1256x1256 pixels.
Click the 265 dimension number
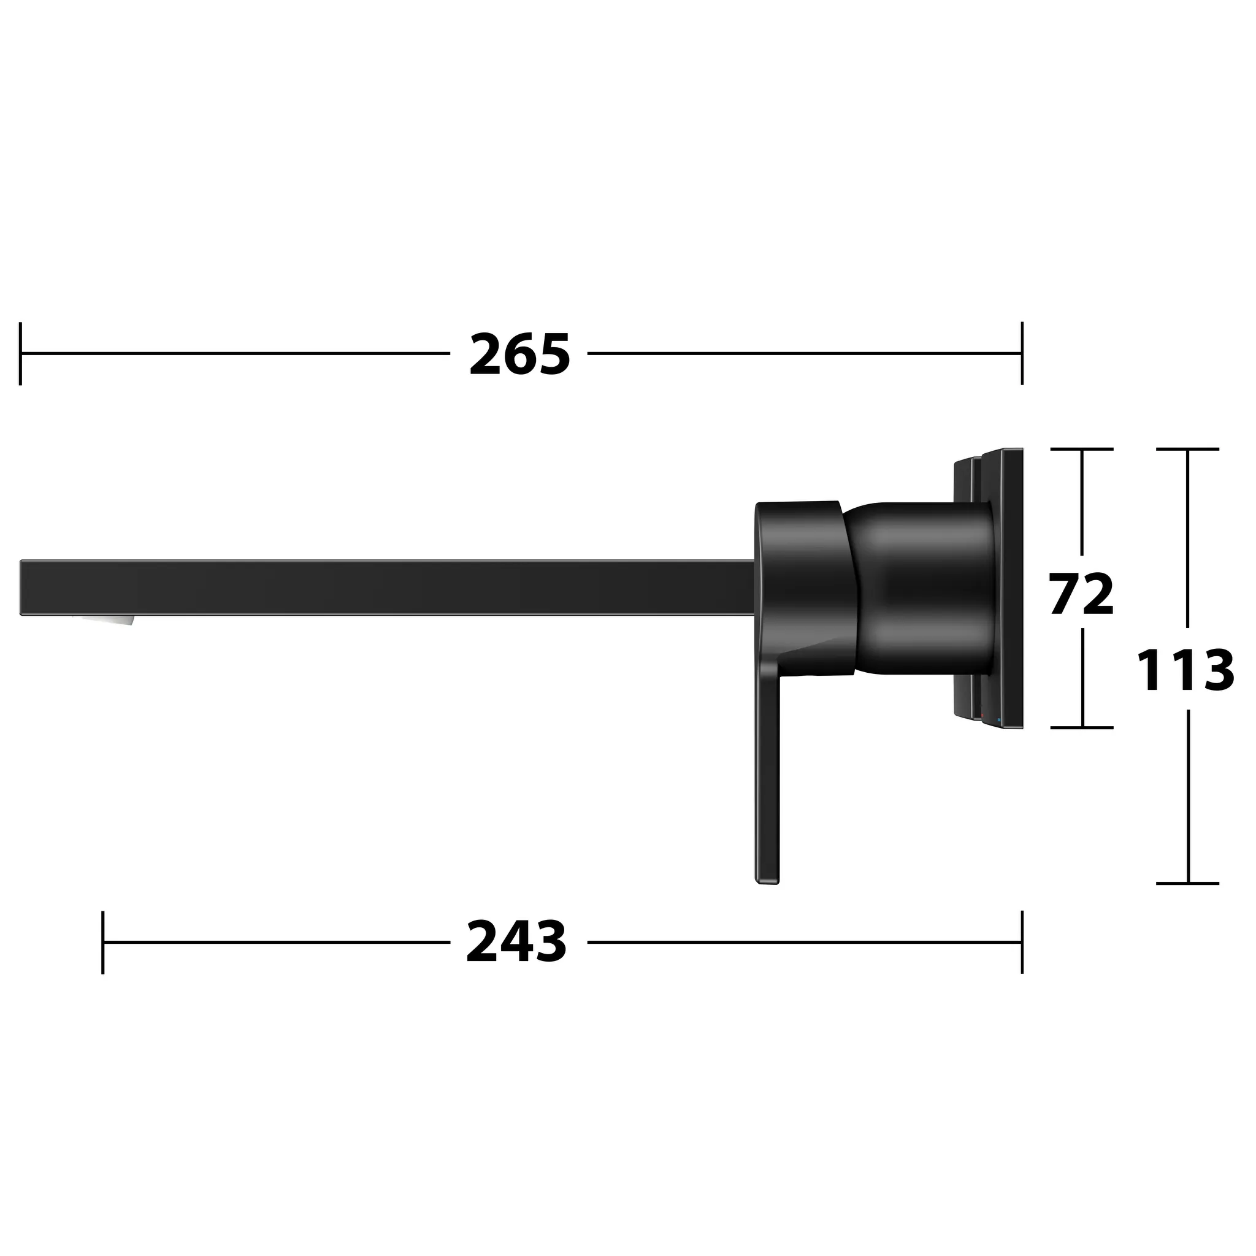coord(519,354)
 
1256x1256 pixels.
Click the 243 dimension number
coord(517,942)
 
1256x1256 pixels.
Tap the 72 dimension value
coord(1081,594)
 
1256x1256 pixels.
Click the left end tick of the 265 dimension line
coord(21,354)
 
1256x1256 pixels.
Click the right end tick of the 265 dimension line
coord(1022,354)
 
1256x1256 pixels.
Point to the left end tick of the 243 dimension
coord(102,942)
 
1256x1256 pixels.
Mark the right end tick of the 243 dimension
coord(1022,942)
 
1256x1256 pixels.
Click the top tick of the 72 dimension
coord(1082,448)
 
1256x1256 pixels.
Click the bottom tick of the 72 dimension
coord(1082,727)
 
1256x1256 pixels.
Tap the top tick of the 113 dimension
coord(1188,448)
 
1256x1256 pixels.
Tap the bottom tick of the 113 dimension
coord(1188,884)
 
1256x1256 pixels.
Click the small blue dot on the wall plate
coord(998,719)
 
